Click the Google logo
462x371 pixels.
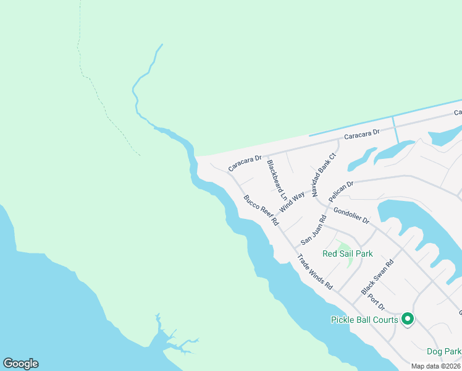20,364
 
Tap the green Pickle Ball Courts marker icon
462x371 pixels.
407,319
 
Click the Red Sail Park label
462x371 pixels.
348,254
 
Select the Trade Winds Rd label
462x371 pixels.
315,272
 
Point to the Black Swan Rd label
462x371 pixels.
377,276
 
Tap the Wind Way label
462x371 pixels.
292,202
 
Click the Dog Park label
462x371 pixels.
443,351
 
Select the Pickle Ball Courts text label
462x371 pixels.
364,320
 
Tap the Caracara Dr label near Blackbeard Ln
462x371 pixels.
245,163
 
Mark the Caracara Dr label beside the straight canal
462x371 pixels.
361,134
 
